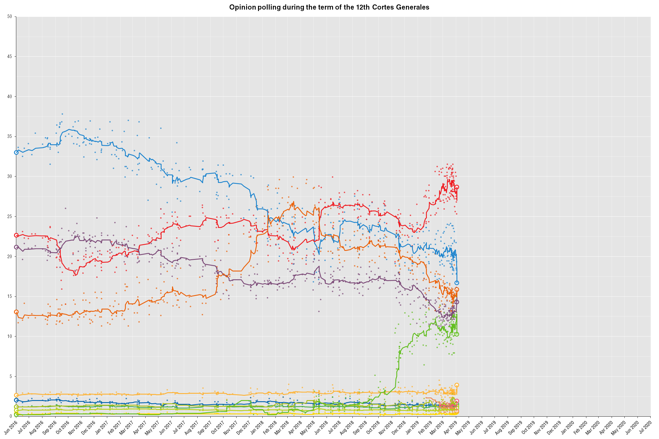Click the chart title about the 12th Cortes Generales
(329, 7)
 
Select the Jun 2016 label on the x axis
(10, 428)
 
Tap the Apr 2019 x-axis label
(450, 428)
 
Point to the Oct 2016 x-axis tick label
(62, 428)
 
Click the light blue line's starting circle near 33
(16, 152)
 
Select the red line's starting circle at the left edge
(16, 235)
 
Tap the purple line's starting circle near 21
(16, 247)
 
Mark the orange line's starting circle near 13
(16, 312)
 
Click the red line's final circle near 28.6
(457, 187)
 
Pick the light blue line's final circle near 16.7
(457, 283)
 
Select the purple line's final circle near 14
(457, 302)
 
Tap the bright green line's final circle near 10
(457, 334)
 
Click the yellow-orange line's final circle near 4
(457, 385)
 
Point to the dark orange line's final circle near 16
(457, 289)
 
